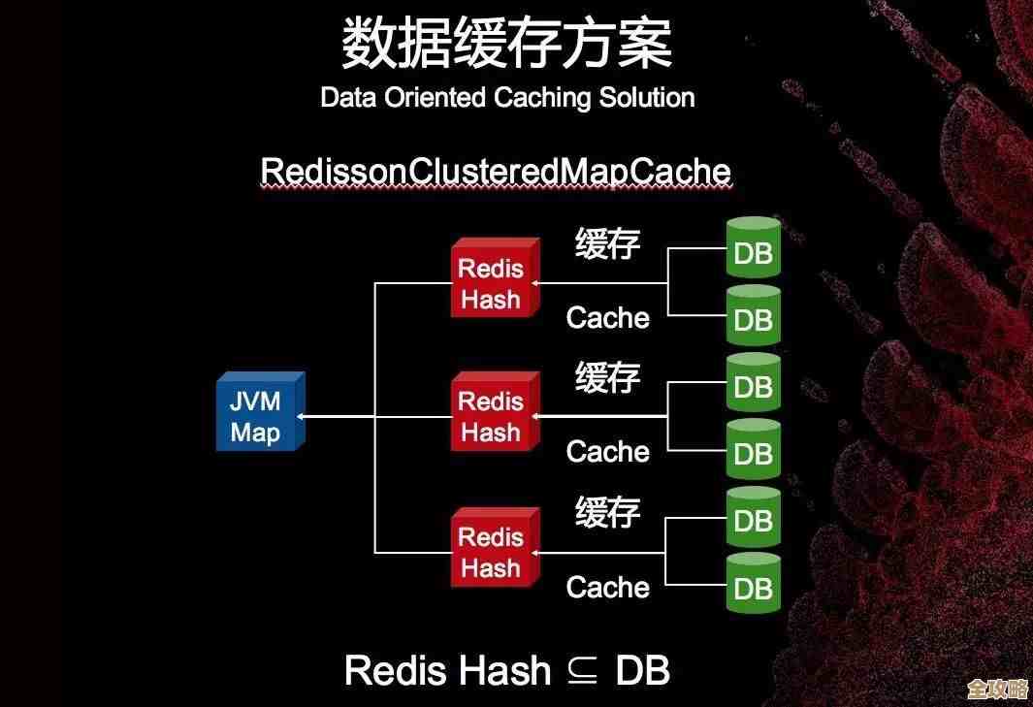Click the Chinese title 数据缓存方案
point(506,43)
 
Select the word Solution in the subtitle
point(646,97)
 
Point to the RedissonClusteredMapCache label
point(496,172)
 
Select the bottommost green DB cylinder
point(754,584)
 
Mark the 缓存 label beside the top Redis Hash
point(608,242)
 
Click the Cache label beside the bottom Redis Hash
point(608,587)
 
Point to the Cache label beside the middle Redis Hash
point(608,451)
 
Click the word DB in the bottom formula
point(643,671)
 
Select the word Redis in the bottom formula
point(395,671)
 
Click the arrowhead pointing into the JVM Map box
point(303,416)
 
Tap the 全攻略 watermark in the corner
point(998,689)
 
